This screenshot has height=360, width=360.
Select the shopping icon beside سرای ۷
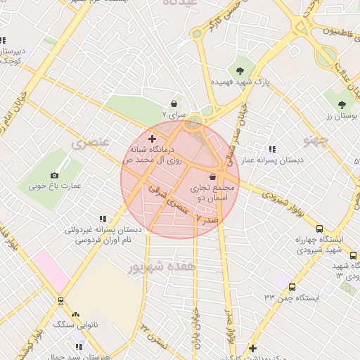174,104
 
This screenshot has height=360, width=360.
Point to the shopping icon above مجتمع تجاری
212,176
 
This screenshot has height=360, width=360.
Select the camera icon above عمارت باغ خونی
55,174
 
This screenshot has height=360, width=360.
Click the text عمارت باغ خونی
55,186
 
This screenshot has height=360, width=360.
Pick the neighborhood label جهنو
316,141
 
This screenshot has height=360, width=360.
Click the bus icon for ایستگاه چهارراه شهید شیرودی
320,229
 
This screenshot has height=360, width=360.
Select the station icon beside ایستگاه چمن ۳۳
292,286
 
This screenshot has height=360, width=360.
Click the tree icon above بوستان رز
342,104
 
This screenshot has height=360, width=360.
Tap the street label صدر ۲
209,220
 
